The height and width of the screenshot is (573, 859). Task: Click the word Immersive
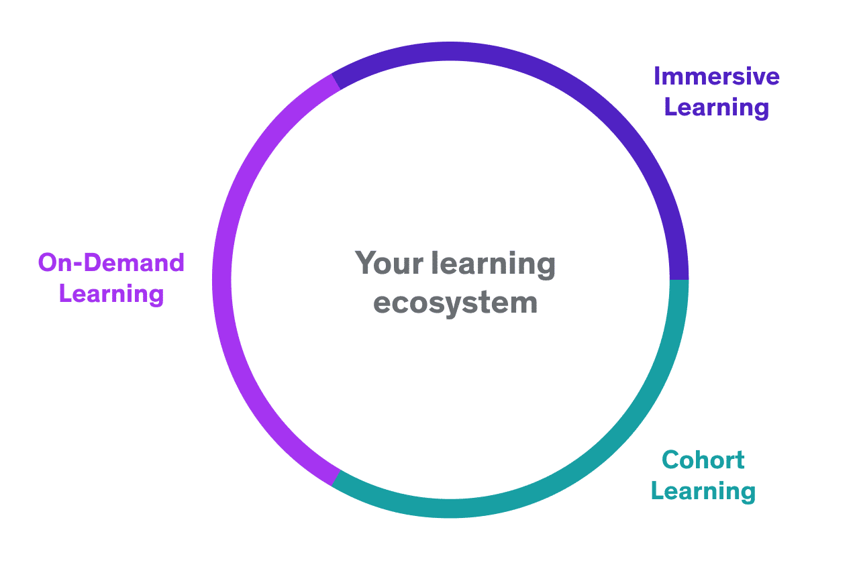pos(716,76)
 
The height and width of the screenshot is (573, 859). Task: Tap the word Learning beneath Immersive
pos(716,107)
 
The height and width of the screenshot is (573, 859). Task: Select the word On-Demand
pos(111,263)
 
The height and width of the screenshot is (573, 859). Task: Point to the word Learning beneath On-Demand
pos(111,294)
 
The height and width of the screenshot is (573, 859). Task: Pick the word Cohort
pos(703,460)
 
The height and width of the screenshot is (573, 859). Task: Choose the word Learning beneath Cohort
pos(703,491)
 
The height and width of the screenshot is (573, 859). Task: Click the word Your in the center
pos(389,263)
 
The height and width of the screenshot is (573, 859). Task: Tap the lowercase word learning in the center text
pos(493,264)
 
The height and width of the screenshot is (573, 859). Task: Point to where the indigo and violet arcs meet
pos(336,82)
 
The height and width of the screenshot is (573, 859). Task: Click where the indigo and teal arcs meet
pos(679,280)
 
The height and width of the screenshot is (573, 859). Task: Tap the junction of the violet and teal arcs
pos(336,478)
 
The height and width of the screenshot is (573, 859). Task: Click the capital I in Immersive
pos(656,76)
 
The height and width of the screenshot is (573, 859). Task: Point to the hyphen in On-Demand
pos(78,264)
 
